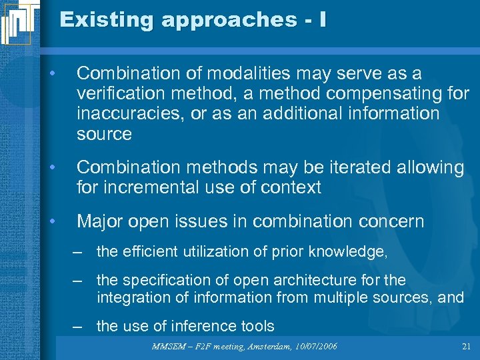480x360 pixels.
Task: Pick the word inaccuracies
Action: (131, 113)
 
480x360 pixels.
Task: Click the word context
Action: (289, 187)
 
